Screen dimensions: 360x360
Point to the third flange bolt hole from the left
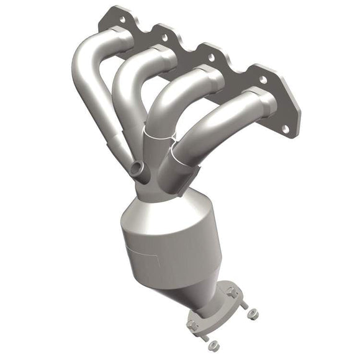click(x=212, y=57)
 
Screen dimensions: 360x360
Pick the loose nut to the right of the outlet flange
click(x=252, y=314)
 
